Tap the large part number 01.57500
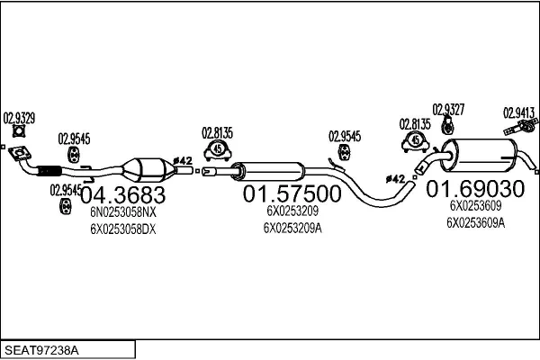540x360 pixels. click(292, 193)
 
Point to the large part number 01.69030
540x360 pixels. click(474, 189)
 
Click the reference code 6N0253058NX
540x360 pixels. click(122, 212)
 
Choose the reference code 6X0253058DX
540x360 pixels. click(122, 229)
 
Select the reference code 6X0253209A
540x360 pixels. click(292, 228)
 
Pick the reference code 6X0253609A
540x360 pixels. click(475, 222)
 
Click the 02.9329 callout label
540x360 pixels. click(19, 117)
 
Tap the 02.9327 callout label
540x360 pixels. click(448, 109)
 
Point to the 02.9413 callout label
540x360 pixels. click(519, 112)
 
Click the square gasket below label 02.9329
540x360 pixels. click(20, 135)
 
